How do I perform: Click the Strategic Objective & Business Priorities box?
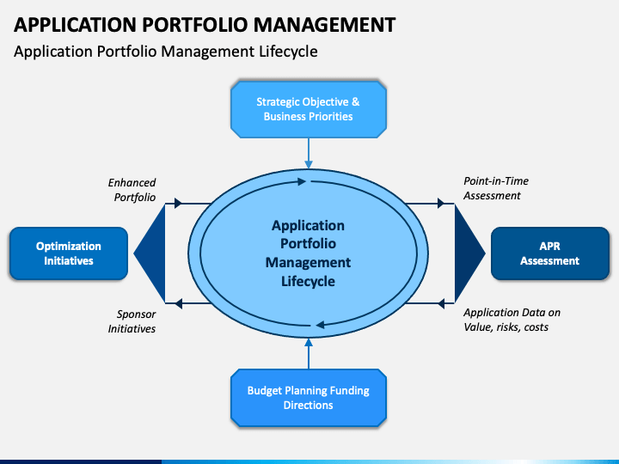click(x=309, y=109)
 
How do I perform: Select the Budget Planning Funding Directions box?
click(x=309, y=398)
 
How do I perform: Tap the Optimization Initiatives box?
click(x=69, y=253)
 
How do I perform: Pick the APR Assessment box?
click(x=550, y=253)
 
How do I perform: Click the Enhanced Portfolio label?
click(x=132, y=190)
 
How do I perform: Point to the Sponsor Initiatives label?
click(x=132, y=321)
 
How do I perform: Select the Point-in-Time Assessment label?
click(x=496, y=188)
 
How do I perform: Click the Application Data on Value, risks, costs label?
click(x=512, y=320)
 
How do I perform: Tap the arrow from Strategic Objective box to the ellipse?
click(x=309, y=154)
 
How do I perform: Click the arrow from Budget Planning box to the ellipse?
click(x=309, y=353)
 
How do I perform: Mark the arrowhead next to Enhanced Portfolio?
click(x=178, y=203)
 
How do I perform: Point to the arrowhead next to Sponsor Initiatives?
click(x=178, y=303)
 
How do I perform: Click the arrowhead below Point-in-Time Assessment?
click(x=441, y=203)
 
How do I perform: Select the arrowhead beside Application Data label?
click(x=441, y=303)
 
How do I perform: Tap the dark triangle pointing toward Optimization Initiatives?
click(x=153, y=253)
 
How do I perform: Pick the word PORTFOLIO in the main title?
click(x=194, y=24)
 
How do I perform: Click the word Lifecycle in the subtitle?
click(x=288, y=52)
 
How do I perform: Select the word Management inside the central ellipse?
click(x=308, y=262)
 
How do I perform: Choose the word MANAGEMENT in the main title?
click(x=324, y=24)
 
